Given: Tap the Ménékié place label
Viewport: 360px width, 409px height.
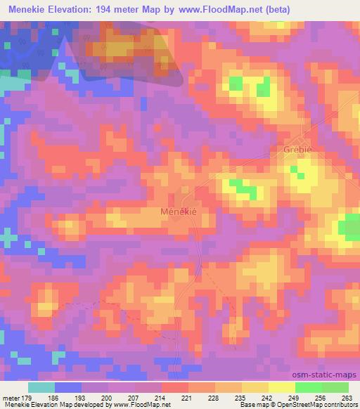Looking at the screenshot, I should (x=179, y=211).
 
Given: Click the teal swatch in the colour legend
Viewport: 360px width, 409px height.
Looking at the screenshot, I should (x=42, y=387).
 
